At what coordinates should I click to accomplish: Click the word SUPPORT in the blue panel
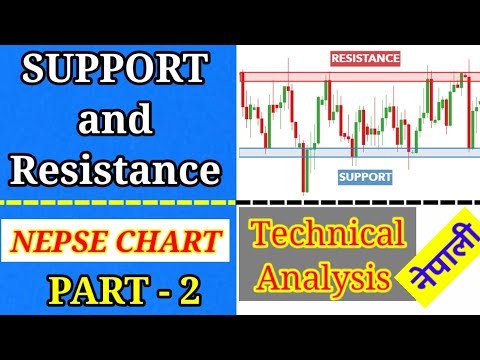[117, 72]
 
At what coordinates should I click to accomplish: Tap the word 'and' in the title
[116, 121]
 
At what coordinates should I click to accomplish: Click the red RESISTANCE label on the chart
[364, 59]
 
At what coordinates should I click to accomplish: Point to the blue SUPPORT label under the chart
[365, 176]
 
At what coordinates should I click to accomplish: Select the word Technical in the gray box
[327, 234]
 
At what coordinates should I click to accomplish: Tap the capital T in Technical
[261, 234]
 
